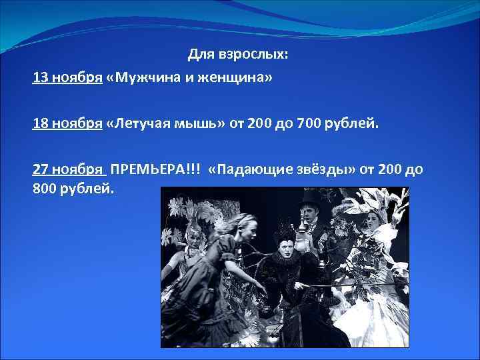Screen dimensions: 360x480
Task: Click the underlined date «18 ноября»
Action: tap(67, 123)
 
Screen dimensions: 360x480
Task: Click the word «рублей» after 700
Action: tap(349, 123)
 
